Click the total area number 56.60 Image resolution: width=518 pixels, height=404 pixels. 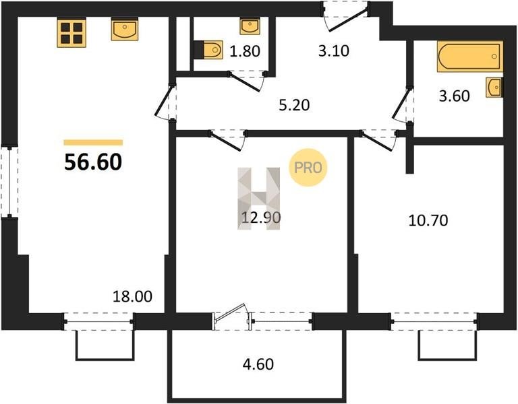93,162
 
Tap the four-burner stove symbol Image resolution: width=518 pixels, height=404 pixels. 71,33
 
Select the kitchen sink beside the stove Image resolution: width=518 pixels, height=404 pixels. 125,30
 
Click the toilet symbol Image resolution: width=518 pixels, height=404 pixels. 208,50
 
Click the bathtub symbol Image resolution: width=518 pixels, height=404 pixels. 469,57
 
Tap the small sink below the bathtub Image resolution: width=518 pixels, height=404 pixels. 494,88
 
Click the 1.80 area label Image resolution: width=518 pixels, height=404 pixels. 245,51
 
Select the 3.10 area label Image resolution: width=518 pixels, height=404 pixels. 334,51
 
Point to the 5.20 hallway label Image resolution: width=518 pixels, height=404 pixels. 294,105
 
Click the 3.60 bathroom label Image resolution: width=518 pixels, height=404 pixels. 454,96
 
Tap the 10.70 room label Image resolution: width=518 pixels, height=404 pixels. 428,220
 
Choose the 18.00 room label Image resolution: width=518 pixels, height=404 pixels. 132,296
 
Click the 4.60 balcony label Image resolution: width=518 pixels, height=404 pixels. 258,364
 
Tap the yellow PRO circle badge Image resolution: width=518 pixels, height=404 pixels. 308,168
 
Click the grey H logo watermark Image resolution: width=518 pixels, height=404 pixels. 259,199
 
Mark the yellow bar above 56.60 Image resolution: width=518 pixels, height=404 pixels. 93,143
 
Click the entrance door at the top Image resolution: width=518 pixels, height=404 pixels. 345,16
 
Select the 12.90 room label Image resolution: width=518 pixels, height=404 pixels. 261,217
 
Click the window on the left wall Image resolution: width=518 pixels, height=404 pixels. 9,182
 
